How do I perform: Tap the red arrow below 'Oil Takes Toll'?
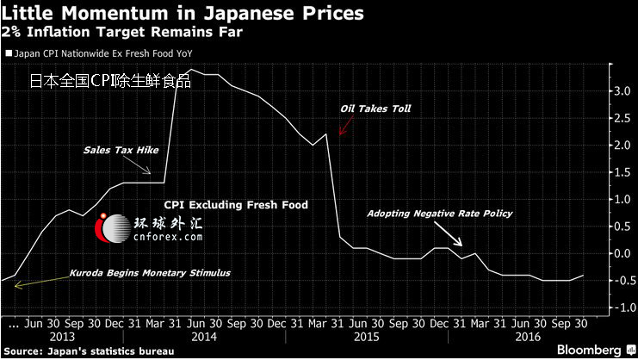(x=344, y=126)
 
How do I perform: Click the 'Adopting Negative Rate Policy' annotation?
(x=440, y=213)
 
